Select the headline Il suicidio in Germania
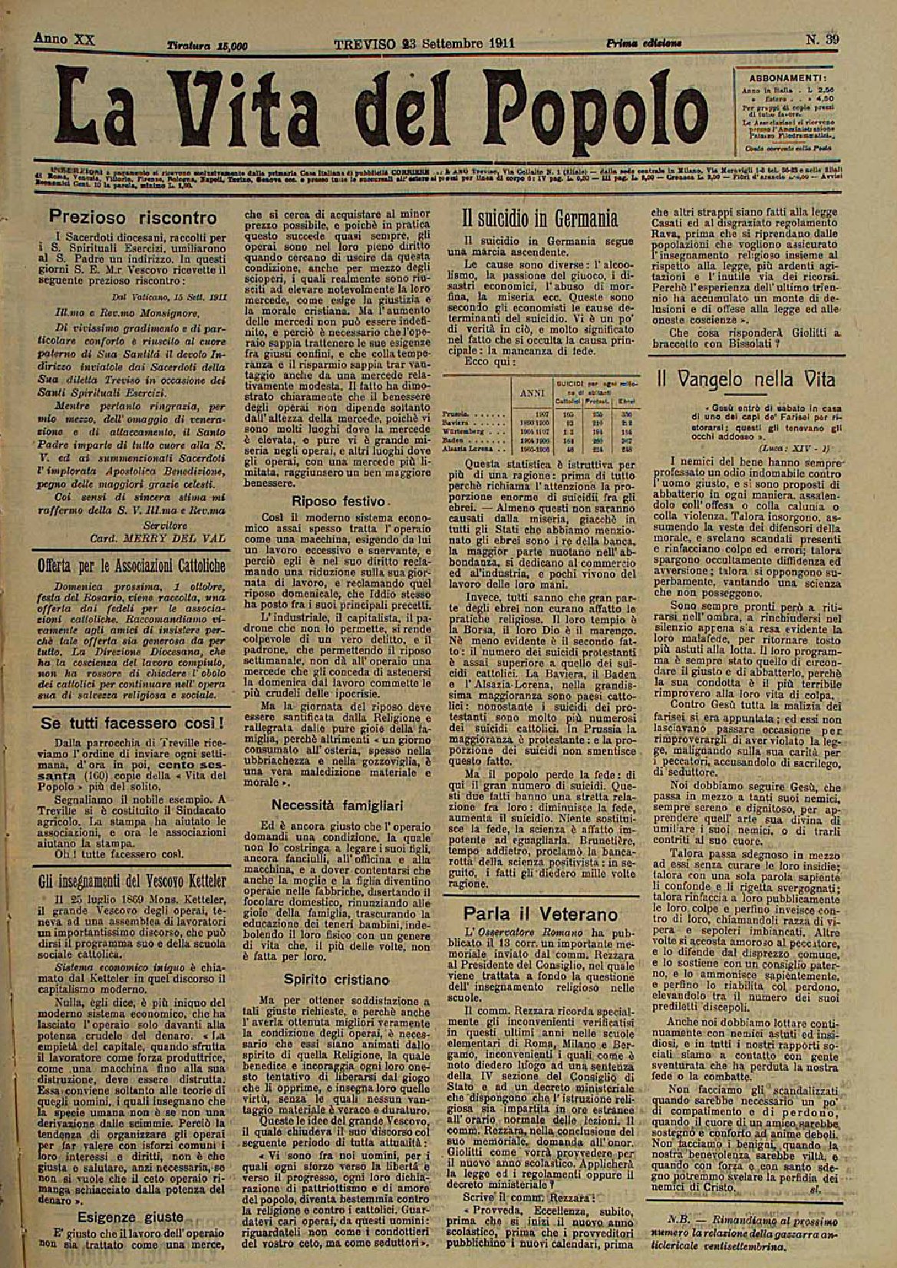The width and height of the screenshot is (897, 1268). [541, 219]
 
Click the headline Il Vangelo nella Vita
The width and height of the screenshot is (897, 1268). [745, 379]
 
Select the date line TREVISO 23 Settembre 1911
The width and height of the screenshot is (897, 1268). [424, 43]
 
